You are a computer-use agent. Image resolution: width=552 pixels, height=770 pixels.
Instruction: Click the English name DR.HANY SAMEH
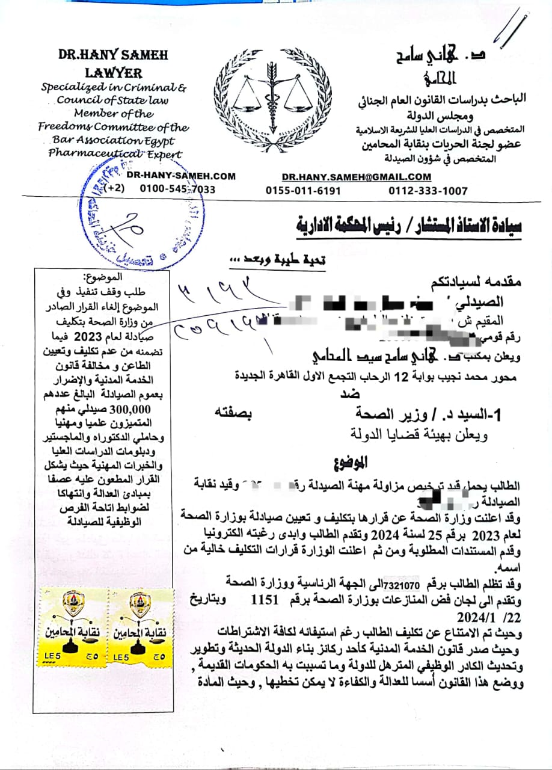tap(112, 55)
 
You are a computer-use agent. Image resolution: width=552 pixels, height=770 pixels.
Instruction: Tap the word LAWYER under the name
tap(113, 73)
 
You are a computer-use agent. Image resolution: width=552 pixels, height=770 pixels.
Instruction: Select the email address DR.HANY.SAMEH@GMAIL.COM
tap(356, 176)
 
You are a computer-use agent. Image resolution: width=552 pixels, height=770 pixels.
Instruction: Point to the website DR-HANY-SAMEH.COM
tap(181, 176)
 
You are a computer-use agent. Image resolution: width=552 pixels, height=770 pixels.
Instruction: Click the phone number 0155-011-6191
tap(303, 191)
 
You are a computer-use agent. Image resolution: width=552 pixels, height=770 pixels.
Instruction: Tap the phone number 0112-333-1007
tap(428, 191)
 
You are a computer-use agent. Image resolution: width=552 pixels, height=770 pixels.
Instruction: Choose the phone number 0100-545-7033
tap(177, 189)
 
